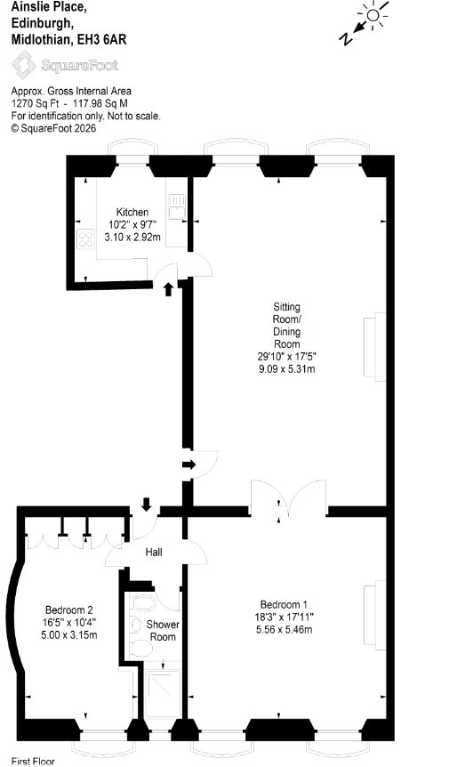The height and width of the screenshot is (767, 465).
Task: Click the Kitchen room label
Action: (132, 213)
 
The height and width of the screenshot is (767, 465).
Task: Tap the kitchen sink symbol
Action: (177, 206)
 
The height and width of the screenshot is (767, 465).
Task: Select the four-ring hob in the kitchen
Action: (85, 239)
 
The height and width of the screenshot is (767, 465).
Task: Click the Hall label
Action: (154, 553)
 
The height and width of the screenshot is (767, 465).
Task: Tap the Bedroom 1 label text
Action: (284, 604)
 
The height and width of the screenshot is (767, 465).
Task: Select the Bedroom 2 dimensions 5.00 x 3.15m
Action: (69, 635)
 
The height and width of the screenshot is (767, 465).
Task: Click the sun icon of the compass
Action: (373, 14)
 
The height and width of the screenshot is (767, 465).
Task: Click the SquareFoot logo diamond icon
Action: (24, 65)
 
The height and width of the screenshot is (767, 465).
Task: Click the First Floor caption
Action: (33, 761)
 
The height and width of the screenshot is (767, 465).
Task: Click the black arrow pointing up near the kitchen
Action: (168, 289)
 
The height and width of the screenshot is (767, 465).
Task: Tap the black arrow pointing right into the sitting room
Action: (188, 464)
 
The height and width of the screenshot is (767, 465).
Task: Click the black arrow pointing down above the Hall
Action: (146, 505)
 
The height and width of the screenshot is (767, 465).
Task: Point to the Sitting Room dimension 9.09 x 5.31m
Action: (286, 369)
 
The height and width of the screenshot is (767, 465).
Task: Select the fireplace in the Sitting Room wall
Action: (375, 347)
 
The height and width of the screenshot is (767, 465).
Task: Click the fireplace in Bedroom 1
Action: (375, 615)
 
